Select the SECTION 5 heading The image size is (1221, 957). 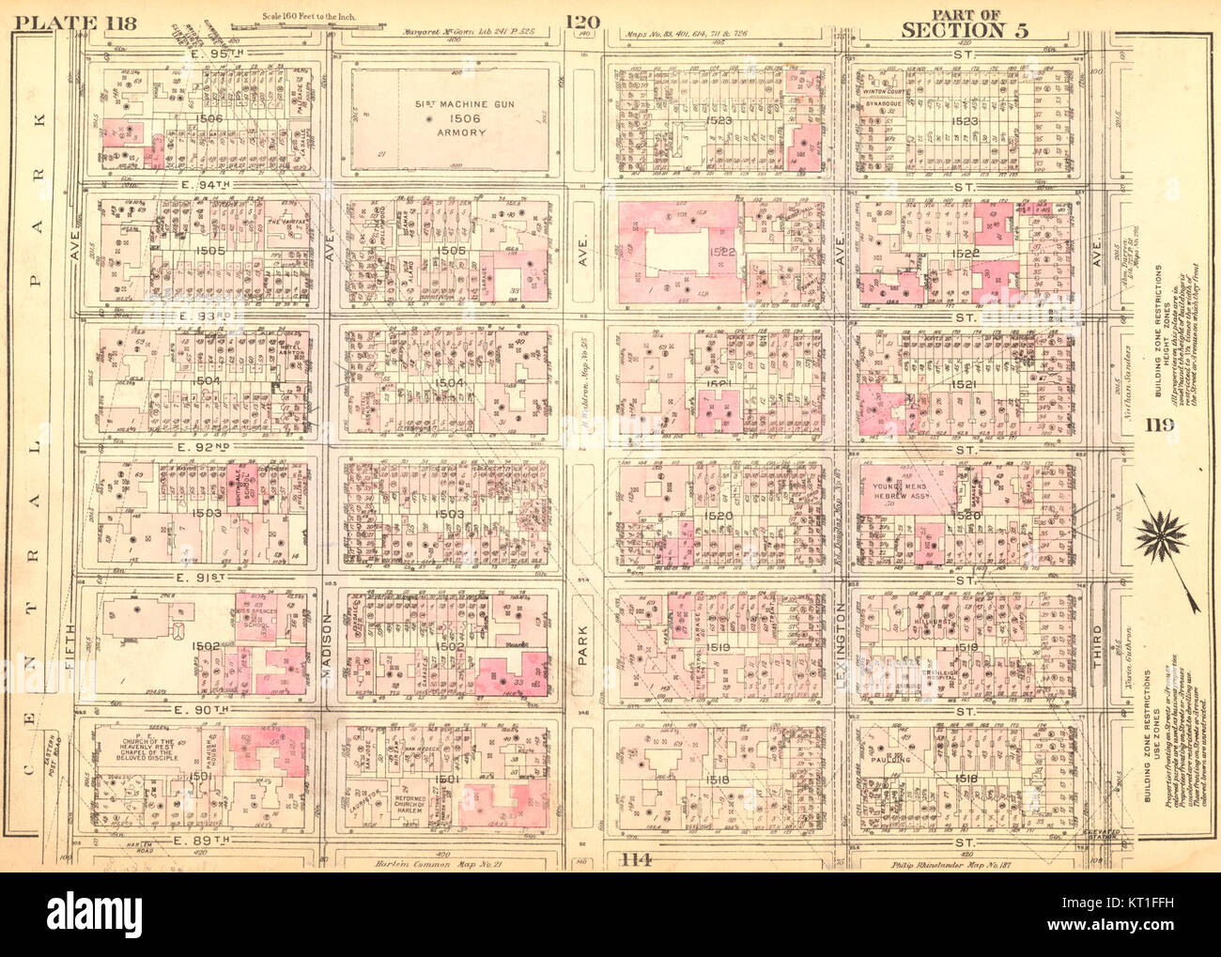(965, 30)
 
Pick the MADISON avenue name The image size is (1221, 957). (330, 648)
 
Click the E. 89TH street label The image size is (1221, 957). (201, 839)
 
